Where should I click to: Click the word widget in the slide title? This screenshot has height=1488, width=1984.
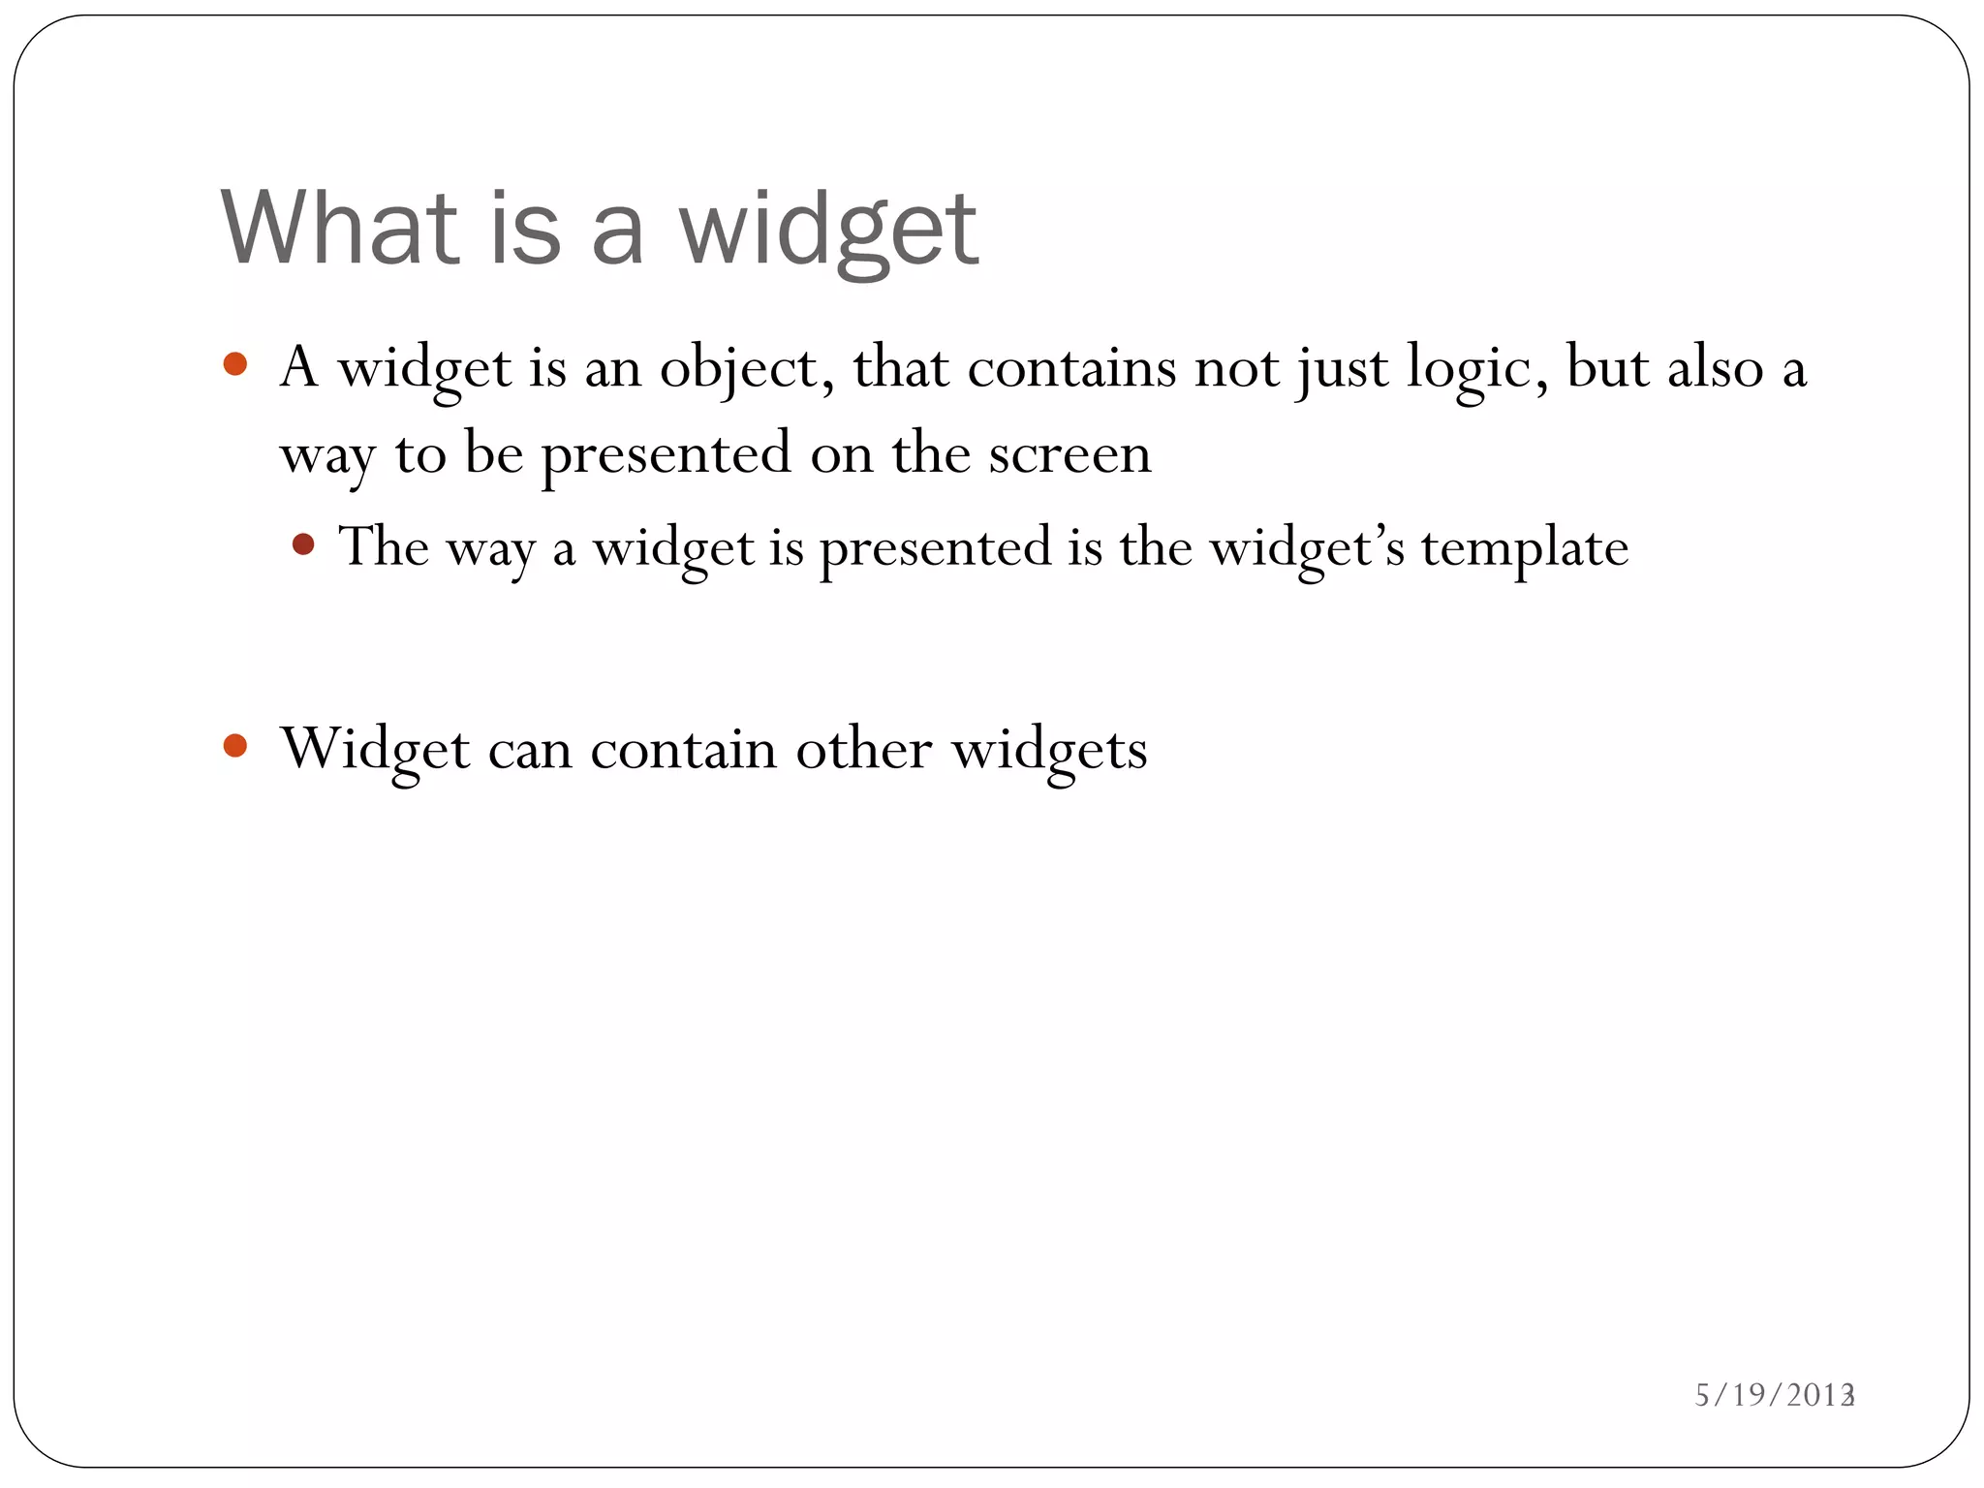click(x=828, y=231)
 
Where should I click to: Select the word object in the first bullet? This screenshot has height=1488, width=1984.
click(x=739, y=369)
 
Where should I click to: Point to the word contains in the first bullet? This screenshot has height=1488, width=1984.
click(x=1070, y=368)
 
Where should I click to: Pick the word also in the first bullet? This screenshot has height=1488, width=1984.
click(x=1715, y=368)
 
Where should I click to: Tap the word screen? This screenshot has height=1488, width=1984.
click(x=1069, y=453)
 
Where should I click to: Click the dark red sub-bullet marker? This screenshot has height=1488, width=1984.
click(x=303, y=544)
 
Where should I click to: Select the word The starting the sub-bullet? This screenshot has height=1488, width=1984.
click(x=383, y=546)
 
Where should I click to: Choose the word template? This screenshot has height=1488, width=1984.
click(x=1525, y=548)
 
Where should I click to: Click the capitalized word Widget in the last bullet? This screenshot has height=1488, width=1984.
click(x=376, y=749)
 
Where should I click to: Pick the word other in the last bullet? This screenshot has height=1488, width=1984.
click(x=863, y=749)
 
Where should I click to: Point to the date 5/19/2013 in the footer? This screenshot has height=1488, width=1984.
click(x=1772, y=1395)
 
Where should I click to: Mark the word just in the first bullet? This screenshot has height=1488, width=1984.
click(x=1343, y=369)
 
